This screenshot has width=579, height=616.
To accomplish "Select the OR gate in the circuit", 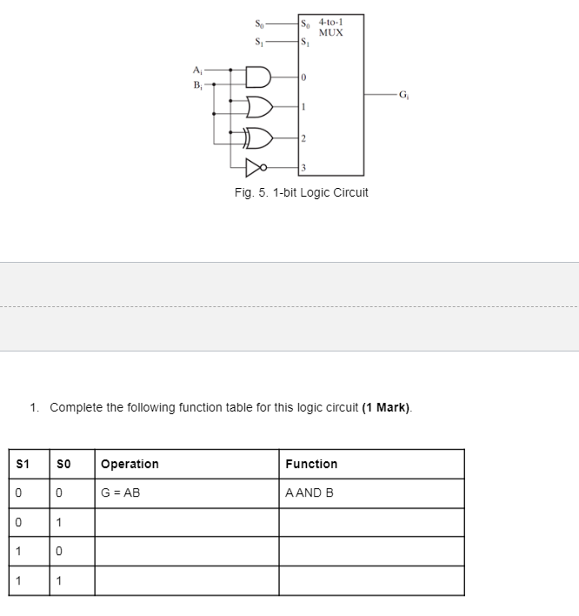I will pyautogui.click(x=259, y=107).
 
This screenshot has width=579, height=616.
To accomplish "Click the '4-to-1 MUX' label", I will pyautogui.click(x=330, y=27).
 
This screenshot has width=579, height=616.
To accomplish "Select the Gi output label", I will pyautogui.click(x=403, y=94).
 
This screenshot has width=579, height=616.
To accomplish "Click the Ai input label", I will pyautogui.click(x=198, y=71).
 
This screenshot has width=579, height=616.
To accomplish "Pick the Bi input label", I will pyautogui.click(x=198, y=84).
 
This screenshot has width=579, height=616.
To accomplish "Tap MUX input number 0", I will pyautogui.click(x=303, y=78).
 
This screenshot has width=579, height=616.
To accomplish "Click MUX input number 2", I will pyautogui.click(x=303, y=137).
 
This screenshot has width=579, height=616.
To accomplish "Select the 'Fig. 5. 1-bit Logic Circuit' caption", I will pyautogui.click(x=301, y=192).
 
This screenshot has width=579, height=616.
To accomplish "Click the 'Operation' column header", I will pyautogui.click(x=130, y=464).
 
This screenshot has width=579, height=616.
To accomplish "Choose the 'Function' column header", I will pyautogui.click(x=311, y=464).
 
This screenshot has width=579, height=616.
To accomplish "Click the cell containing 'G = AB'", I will pyautogui.click(x=121, y=493).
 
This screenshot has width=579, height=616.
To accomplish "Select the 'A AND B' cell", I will pyautogui.click(x=309, y=493).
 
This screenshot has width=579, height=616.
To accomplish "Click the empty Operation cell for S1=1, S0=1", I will pyautogui.click(x=186, y=581).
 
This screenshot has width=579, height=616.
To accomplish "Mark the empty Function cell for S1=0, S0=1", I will pyautogui.click(x=371, y=522).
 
